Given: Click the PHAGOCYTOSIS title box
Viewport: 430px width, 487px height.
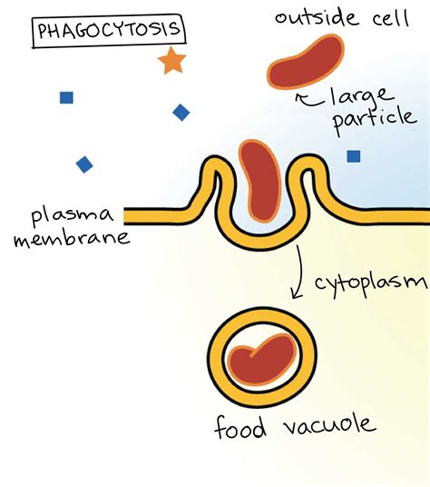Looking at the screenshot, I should coord(108,32).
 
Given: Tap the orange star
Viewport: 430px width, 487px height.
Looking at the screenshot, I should coord(170,62).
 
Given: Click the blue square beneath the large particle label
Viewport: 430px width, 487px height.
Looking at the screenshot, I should coord(354,156).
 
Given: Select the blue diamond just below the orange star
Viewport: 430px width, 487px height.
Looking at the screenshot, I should coord(181,112).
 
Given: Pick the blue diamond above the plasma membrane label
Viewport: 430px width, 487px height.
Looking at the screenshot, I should coord(84,164).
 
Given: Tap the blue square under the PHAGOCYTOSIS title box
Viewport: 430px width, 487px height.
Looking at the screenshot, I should coord(66,97).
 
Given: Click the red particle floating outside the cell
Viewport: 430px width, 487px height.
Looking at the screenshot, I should coord(303,65).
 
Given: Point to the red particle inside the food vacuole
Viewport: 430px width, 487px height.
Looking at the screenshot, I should coord(261,357).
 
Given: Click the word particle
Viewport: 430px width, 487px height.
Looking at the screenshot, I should coord(373,124).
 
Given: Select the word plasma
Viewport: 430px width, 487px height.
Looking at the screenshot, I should coord(73,216).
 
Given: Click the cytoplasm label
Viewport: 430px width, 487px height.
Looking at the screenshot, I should coord(368,284).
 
